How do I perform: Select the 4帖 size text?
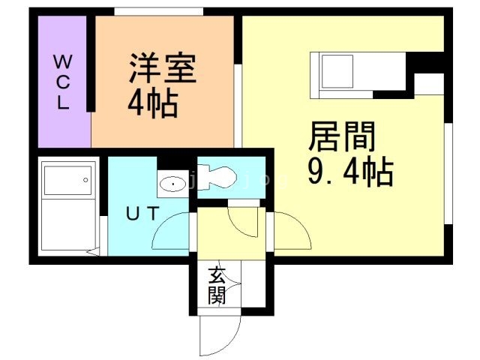tap(152, 105)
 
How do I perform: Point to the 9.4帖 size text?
tap(350, 173)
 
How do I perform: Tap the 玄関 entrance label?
tap(217, 286)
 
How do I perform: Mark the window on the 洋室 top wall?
tap(158, 11)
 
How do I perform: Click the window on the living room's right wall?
tap(447, 172)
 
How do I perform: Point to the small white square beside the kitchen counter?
tap(429, 84)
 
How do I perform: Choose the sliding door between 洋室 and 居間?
tap(238, 105)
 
